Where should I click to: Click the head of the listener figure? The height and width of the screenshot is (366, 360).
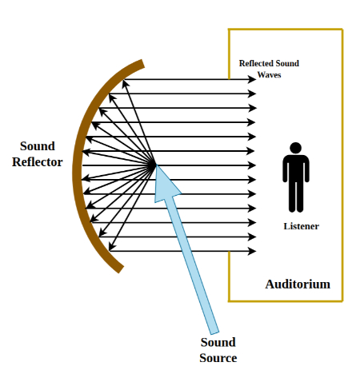tap(295, 148)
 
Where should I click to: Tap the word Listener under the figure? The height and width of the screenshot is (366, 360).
tap(301, 226)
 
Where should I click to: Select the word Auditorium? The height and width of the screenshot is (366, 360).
tap(298, 284)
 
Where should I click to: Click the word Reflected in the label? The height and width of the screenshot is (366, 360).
tap(256, 63)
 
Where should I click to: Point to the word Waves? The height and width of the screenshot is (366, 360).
tap(269, 75)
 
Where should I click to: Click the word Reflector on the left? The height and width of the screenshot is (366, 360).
tap(38, 162)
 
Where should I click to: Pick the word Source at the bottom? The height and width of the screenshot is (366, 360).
tap(218, 358)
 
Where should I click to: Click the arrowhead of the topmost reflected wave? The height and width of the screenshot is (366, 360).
tap(252, 79)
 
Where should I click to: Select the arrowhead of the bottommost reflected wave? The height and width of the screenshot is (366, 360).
tap(252, 251)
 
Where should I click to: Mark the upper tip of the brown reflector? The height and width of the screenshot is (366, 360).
tap(142, 63)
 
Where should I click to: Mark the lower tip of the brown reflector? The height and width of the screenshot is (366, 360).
tap(121, 269)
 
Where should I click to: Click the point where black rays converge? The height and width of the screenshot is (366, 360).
tap(154, 165)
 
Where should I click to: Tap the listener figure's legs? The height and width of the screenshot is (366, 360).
tap(296, 197)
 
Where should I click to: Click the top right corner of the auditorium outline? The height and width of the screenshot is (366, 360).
tap(342, 30)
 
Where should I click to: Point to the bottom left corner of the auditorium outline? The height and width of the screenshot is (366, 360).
tap(229, 301)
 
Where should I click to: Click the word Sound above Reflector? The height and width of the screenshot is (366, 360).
tap(38, 146)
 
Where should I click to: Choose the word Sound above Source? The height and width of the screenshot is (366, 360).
tap(218, 342)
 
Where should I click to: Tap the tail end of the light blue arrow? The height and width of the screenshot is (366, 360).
tap(214, 333)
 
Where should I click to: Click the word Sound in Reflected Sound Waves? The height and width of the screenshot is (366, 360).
tap(287, 63)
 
